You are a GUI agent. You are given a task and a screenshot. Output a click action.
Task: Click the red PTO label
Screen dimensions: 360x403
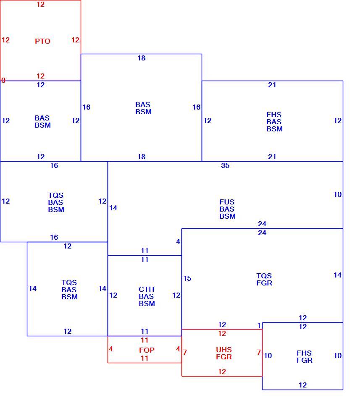point(42,41)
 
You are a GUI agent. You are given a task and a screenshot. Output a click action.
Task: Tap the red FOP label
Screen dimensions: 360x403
point(147,350)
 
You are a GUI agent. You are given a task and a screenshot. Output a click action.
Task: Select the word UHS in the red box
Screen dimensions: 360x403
point(224,350)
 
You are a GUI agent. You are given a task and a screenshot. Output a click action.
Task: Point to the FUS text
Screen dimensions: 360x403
point(227,202)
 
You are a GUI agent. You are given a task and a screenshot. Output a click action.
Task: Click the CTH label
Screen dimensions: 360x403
point(146,289)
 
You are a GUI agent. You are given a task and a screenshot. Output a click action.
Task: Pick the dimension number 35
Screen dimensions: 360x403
point(225,165)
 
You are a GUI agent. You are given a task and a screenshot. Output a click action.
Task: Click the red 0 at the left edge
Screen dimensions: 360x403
point(3,80)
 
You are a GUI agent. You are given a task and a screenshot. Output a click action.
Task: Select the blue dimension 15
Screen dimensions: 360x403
point(187,278)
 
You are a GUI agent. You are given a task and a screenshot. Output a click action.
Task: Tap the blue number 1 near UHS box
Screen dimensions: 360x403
point(259,325)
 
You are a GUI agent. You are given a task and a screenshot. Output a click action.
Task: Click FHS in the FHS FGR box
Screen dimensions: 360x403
point(304,353)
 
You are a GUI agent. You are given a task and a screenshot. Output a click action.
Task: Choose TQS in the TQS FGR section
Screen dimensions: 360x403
point(264,276)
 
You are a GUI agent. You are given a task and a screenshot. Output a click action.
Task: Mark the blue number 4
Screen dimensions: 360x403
point(178,242)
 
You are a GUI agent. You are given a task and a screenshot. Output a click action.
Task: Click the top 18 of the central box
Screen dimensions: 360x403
point(142,58)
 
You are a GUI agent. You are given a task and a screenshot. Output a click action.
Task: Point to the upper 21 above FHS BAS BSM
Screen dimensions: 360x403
point(272,85)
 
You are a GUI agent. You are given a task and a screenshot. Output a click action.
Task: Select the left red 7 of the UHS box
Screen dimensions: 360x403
point(185,352)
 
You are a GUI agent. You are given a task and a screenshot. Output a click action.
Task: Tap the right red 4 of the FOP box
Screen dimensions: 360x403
point(178,349)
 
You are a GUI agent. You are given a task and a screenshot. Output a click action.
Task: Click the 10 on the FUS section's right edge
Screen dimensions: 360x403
point(338,194)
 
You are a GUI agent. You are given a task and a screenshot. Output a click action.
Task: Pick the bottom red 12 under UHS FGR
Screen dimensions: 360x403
point(222,372)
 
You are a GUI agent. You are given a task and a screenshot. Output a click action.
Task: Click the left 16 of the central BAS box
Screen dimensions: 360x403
point(87,107)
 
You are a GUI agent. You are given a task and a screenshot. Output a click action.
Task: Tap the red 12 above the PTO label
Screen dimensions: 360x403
point(41,4)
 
